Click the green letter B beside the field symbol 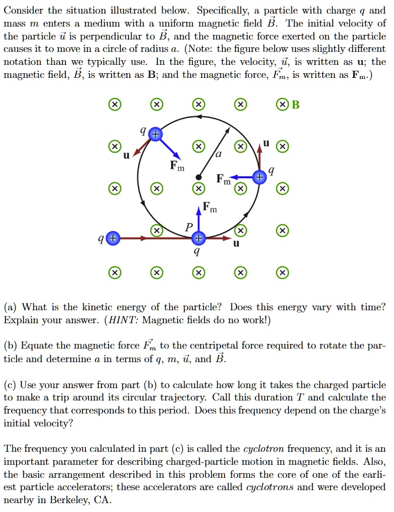pos(296,105)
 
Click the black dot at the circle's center pos(199,177)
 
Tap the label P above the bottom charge pos(189,227)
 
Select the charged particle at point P pos(199,238)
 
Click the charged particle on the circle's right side pos(258,176)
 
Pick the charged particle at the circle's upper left pos(155,134)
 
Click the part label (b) pos(11,347)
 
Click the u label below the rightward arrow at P pos(237,250)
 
